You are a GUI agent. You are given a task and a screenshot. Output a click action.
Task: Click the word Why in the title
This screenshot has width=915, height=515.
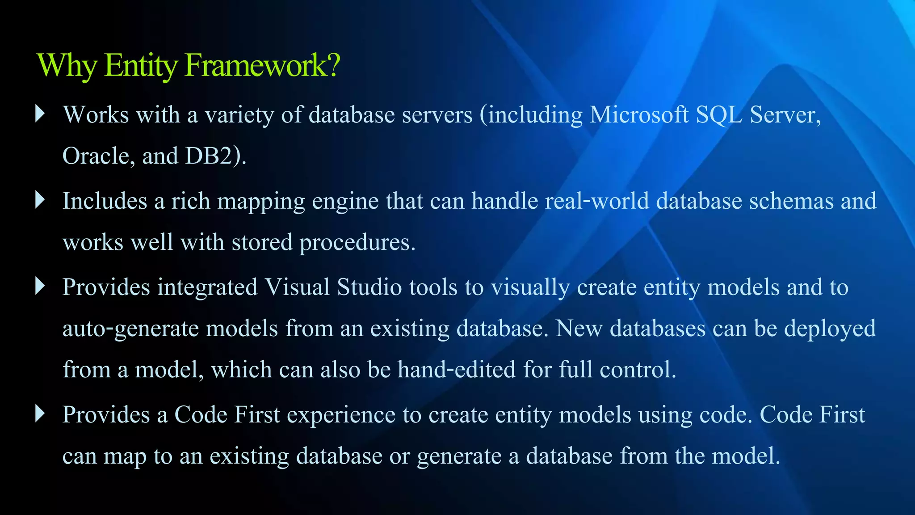67,66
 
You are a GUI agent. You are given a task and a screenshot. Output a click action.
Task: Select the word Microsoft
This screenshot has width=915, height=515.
639,115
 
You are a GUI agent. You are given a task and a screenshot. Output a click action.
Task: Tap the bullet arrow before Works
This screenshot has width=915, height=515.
40,114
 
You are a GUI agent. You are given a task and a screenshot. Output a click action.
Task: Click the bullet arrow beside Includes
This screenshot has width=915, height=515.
40,200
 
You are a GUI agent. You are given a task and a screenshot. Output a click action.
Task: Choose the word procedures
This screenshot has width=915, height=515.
357,243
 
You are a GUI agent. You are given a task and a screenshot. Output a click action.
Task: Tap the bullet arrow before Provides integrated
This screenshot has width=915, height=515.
40,286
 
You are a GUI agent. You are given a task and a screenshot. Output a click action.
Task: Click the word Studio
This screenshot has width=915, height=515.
369,287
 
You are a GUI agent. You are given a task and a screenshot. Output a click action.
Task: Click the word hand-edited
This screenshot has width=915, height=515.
457,370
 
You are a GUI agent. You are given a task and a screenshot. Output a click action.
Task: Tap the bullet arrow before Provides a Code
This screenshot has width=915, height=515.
40,414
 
